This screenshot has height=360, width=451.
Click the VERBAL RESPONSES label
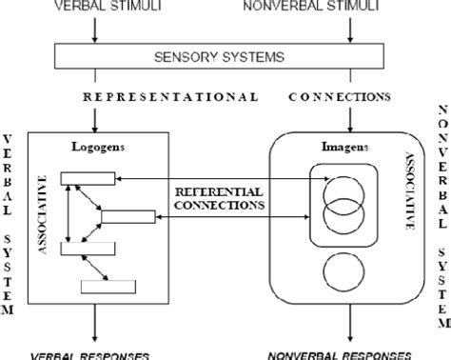point(95,354)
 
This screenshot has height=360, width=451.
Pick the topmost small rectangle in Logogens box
point(87,177)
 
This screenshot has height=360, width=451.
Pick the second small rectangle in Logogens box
point(127,215)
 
